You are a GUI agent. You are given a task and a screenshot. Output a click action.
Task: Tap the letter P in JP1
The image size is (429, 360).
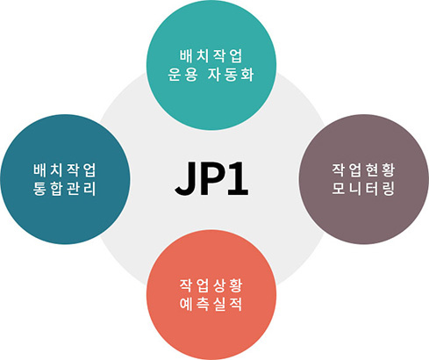(x=211, y=178)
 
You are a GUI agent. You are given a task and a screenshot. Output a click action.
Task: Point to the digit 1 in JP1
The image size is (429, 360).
(x=238, y=178)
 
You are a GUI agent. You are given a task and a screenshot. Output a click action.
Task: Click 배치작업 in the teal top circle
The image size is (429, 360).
(x=211, y=56)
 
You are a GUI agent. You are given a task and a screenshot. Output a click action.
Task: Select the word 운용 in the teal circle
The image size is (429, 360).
(x=182, y=75)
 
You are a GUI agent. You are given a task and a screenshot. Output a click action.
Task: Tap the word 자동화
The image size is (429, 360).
(x=231, y=75)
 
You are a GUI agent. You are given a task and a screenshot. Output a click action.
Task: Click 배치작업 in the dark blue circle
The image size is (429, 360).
(x=65, y=170)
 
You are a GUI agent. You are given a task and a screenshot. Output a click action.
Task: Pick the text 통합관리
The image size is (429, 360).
(x=65, y=189)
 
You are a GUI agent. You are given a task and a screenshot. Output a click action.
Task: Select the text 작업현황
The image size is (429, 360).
(x=363, y=170)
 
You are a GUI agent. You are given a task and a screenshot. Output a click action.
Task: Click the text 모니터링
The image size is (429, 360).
(x=363, y=189)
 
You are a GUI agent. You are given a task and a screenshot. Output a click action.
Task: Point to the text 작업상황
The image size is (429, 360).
(x=211, y=285)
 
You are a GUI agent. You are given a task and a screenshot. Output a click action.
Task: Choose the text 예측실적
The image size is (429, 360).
(x=211, y=305)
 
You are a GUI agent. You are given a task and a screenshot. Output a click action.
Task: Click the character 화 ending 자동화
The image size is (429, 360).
(x=247, y=75)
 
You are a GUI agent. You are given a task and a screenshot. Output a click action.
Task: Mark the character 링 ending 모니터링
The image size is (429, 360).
(x=388, y=189)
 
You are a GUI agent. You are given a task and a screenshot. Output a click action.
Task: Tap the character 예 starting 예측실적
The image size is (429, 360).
(x=186, y=305)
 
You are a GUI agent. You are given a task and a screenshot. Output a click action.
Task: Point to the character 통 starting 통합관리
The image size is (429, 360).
(x=40, y=189)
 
